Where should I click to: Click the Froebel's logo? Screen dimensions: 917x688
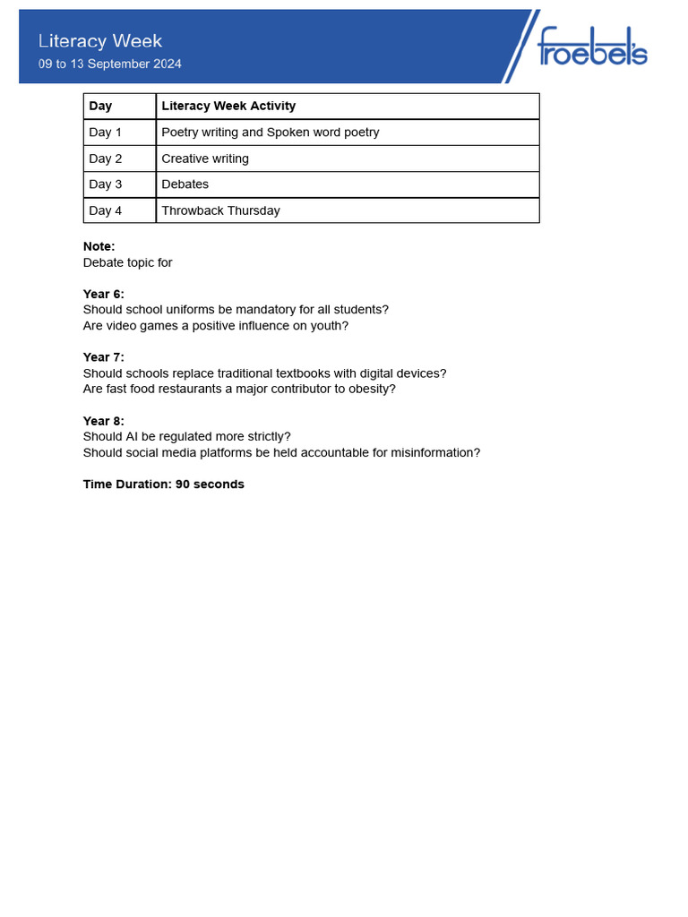point(591,47)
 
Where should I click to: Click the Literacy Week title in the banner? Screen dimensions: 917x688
point(100,41)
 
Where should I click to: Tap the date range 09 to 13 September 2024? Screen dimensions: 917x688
point(109,64)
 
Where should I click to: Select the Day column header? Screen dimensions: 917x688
point(101,106)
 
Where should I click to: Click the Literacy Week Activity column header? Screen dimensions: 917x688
point(228,106)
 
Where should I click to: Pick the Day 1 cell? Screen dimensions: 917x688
point(106,133)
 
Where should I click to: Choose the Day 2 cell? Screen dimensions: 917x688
point(106,159)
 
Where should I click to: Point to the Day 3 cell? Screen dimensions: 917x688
point(106,184)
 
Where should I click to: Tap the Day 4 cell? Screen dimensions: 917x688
point(106,210)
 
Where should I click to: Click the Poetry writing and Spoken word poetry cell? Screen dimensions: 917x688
point(271,133)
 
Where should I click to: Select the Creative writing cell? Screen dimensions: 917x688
point(205,159)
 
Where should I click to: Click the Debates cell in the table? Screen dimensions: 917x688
point(185,184)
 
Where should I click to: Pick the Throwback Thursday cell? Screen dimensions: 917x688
point(220,210)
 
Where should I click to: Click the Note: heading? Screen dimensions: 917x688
point(99,246)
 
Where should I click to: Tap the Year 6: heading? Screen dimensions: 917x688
point(104,294)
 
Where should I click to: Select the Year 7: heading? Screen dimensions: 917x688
point(104,357)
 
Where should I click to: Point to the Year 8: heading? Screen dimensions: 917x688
point(104,421)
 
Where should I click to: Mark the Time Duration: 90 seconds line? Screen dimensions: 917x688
point(164,484)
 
